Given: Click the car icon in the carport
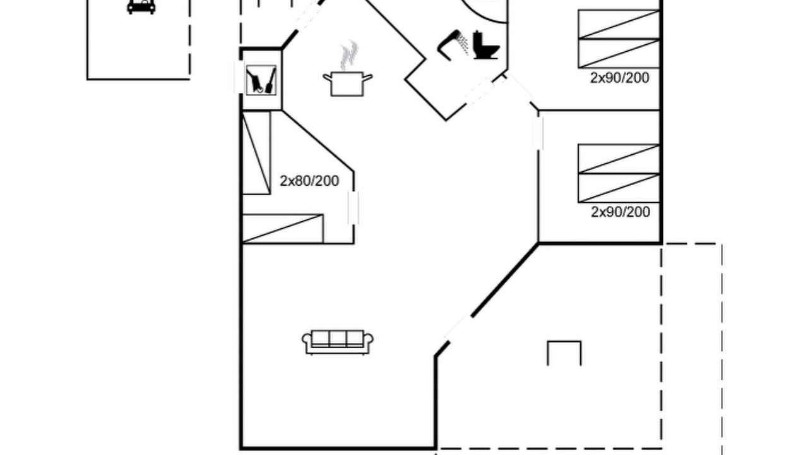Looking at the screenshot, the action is [x=141, y=6].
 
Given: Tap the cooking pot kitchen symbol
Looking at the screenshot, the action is [x=347, y=84].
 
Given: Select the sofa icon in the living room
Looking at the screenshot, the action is [x=338, y=342].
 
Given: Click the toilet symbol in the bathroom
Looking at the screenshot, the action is [x=486, y=45].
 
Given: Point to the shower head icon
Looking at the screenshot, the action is [x=453, y=45].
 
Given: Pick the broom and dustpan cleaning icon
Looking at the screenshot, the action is [x=261, y=80].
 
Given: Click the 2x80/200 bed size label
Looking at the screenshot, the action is [x=309, y=181].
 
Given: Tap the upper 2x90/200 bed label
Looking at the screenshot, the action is [x=620, y=78].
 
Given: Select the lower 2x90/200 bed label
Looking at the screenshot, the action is [x=621, y=212].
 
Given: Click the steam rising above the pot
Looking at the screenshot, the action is [x=349, y=55].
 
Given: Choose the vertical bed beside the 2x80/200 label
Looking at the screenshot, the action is [x=256, y=153].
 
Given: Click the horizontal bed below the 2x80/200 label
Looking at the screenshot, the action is [x=283, y=229].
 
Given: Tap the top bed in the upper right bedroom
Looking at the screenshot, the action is [x=619, y=24].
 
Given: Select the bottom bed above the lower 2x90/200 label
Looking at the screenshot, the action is [x=619, y=188].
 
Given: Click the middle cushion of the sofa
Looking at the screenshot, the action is [x=338, y=339].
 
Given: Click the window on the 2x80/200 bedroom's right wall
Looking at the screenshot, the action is [x=353, y=208].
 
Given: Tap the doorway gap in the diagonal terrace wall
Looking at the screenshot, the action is [x=458, y=327].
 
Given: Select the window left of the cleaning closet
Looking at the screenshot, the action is [x=239, y=77].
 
